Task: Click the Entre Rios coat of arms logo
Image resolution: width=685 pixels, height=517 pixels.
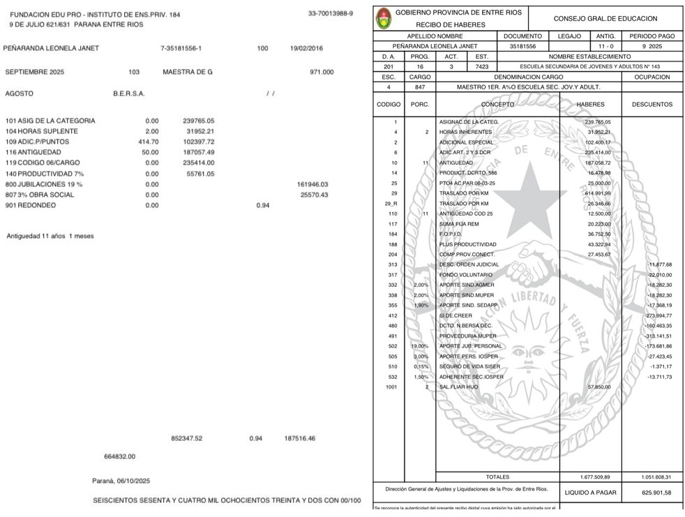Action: [x=384, y=18]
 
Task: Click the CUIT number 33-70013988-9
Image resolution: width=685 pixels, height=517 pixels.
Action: [x=330, y=13]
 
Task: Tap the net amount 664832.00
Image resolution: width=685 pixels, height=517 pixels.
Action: [x=119, y=456]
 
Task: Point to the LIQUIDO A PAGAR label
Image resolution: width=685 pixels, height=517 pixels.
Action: [x=589, y=493]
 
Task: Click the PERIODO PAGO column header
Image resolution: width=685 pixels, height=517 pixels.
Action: [x=652, y=36]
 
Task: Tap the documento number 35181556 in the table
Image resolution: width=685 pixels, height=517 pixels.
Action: [x=522, y=46]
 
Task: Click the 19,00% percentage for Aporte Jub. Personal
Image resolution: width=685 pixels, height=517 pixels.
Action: [x=419, y=346]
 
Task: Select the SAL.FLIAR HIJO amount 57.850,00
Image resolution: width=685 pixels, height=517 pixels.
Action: [x=599, y=387]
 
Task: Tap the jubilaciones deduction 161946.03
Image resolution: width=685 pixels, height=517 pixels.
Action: [x=312, y=184]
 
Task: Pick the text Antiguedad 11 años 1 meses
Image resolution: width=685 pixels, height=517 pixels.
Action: [x=50, y=236]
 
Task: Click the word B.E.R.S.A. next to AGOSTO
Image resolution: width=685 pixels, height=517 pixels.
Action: [x=128, y=93]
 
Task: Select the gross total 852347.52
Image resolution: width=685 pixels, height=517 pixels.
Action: [x=186, y=438]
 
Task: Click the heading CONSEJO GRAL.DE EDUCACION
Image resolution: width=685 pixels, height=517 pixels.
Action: [x=605, y=18]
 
